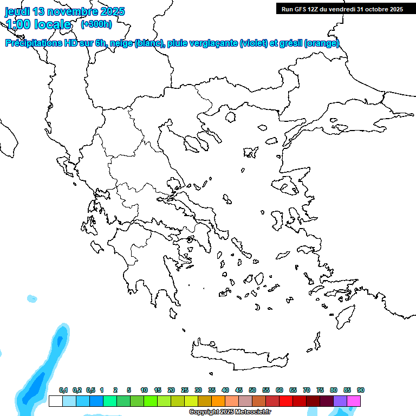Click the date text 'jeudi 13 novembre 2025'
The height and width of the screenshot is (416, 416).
(x=64, y=11)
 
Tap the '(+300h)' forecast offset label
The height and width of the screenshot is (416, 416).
(x=96, y=24)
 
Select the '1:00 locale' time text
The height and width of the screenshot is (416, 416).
(x=38, y=24)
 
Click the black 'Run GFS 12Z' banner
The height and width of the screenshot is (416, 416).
(x=342, y=9)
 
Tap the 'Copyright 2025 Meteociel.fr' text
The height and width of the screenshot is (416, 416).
(x=230, y=412)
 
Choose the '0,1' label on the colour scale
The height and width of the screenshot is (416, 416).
(x=63, y=390)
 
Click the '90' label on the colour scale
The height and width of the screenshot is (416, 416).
(x=360, y=390)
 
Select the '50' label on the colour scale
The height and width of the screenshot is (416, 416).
(x=252, y=390)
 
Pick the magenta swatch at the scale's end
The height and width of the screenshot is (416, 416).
(x=354, y=401)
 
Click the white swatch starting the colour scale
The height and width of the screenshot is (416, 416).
(x=55, y=401)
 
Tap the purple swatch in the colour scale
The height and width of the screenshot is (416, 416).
(x=340, y=401)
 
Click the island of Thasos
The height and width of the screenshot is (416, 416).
(x=230, y=117)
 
